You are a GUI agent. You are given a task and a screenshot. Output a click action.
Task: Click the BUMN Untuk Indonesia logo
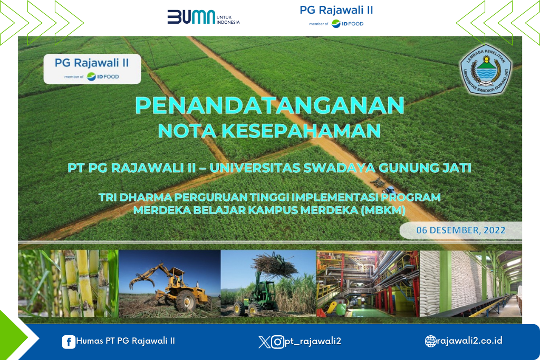pyautogui.click(x=203, y=17)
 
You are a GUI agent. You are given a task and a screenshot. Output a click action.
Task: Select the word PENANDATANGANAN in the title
pyautogui.click(x=269, y=105)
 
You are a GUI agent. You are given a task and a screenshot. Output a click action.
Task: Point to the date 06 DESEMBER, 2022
pyautogui.click(x=461, y=230)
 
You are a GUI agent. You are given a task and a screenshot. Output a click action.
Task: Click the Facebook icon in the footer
pyautogui.click(x=69, y=342)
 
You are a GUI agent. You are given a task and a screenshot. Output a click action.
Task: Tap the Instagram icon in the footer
pyautogui.click(x=277, y=342)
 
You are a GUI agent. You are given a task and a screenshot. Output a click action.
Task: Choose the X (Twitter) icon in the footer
pyautogui.click(x=264, y=342)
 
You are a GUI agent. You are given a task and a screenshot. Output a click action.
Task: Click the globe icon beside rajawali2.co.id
pyautogui.click(x=430, y=341)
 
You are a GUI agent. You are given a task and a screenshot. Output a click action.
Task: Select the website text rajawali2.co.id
pyautogui.click(x=470, y=340)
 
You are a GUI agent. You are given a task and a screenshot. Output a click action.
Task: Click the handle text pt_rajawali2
pyautogui.click(x=313, y=341)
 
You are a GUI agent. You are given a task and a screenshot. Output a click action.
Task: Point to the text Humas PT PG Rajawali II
pyautogui.click(x=126, y=340)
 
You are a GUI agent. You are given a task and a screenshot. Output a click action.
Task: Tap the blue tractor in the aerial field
pyautogui.click(x=389, y=189)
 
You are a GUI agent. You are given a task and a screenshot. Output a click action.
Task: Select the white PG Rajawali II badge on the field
pyautogui.click(x=92, y=69)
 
